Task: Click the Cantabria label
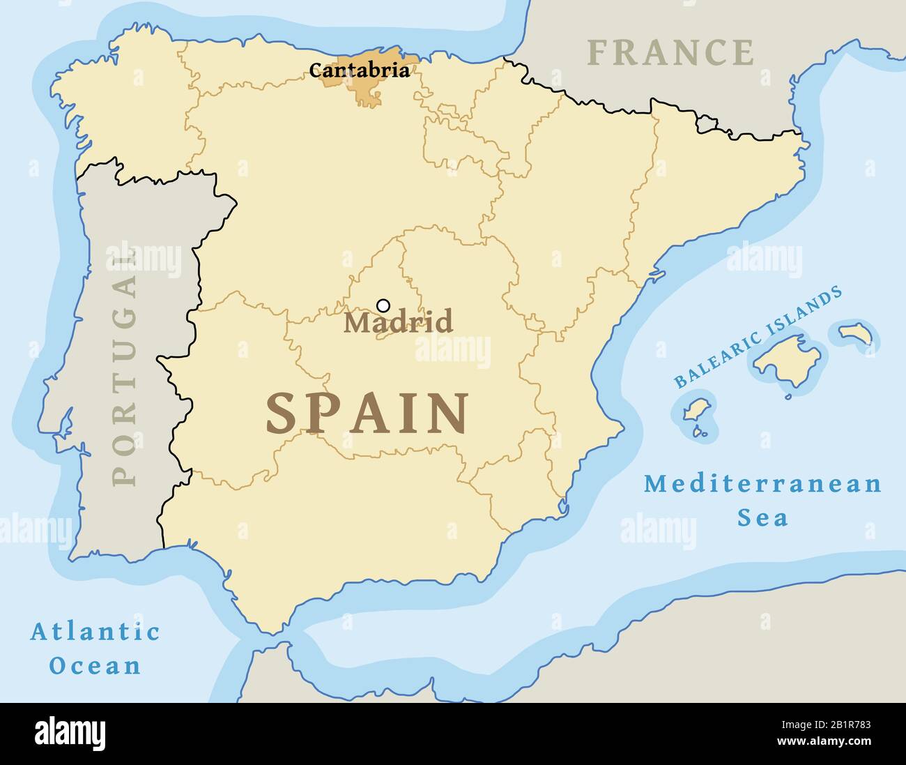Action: point(359,70)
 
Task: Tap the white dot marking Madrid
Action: point(383,305)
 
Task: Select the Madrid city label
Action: point(398,322)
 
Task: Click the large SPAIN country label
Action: point(367,414)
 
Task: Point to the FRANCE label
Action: point(670,53)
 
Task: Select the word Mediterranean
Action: point(762,483)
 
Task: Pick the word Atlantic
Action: point(95,633)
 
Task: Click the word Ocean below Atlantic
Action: point(95,666)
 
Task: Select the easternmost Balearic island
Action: point(855,333)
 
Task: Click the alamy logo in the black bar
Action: point(70,733)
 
